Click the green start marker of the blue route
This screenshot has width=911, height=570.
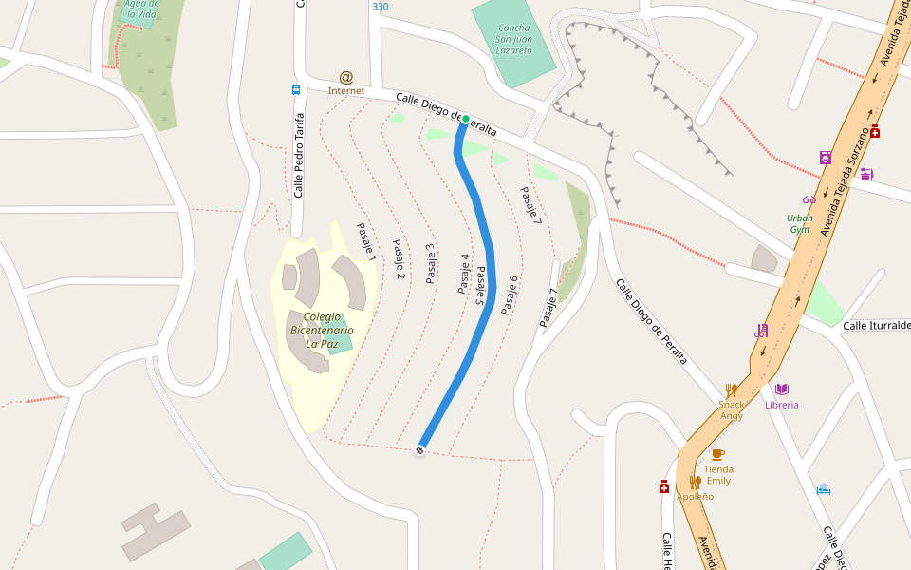tap(465, 119)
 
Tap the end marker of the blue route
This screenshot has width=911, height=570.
tap(419, 450)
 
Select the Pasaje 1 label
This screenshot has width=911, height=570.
tap(366, 241)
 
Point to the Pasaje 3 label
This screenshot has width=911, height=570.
tap(430, 263)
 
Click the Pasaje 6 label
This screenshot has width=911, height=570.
tap(510, 294)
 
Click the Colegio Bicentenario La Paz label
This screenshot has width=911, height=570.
tap(322, 330)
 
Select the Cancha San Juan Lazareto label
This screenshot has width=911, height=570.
tap(515, 39)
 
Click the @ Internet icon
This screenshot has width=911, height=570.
tap(346, 78)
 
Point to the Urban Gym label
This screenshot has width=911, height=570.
tap(799, 223)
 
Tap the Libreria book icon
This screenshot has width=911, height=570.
tap(782, 389)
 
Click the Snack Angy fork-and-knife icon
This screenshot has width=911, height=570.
tap(731, 389)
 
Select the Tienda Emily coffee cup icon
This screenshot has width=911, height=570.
tap(717, 454)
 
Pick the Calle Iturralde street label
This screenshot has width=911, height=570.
tap(876, 326)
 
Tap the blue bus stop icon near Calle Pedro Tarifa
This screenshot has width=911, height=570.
tap(296, 90)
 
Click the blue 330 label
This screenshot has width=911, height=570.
tap(381, 7)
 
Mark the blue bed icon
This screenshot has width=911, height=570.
tap(824, 489)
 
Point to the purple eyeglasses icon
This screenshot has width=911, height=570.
tap(809, 199)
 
